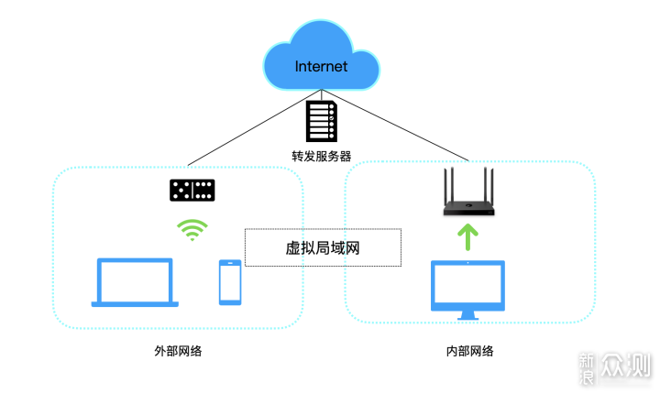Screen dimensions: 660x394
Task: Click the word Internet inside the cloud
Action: [321, 67]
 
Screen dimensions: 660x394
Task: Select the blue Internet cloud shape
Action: [321, 56]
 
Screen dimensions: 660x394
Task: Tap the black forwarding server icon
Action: [321, 121]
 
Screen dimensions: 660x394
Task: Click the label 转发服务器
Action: [321, 156]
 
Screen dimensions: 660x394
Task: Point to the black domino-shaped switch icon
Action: [192, 190]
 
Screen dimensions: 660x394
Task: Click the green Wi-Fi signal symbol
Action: [192, 230]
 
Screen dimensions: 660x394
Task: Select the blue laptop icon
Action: [135, 282]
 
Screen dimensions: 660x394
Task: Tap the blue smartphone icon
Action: [230, 282]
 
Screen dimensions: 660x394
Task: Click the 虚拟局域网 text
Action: [323, 248]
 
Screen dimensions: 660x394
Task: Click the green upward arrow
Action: [467, 237]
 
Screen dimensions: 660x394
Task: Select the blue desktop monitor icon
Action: [467, 290]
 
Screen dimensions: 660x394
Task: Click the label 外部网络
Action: [178, 351]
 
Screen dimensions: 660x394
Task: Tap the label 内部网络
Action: [469, 351]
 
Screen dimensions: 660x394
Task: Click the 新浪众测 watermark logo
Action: [614, 368]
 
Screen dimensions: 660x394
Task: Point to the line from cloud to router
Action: [395, 125]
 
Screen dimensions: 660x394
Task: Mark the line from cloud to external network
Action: [255, 127]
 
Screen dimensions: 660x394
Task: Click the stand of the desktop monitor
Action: [467, 316]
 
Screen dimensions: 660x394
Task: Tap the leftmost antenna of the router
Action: [446, 186]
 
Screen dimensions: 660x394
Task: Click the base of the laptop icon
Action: [135, 304]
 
